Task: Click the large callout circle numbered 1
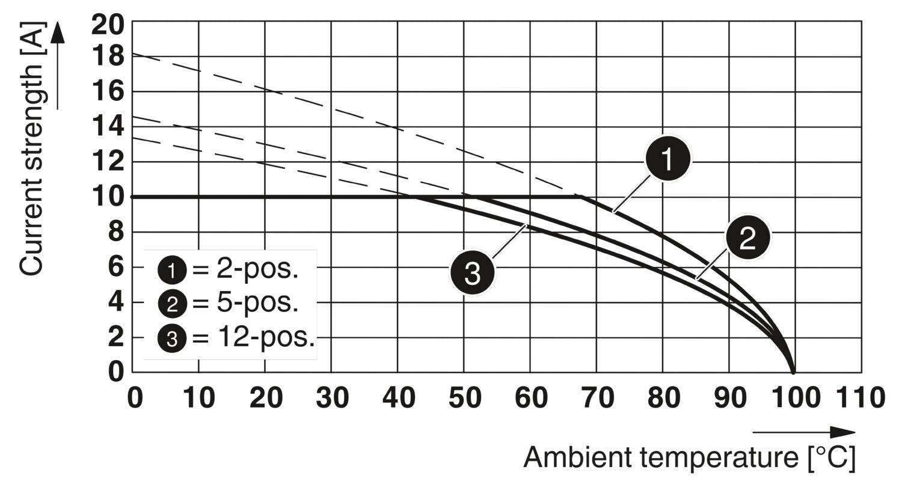pyautogui.click(x=668, y=159)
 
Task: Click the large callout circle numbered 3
pyautogui.click(x=473, y=273)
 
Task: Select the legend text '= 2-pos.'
pyautogui.click(x=245, y=269)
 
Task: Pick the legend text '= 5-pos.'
pyautogui.click(x=245, y=304)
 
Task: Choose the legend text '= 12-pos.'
pyautogui.click(x=253, y=338)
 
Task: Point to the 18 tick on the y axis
pyautogui.click(x=108, y=57)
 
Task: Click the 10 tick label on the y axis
pyautogui.click(x=108, y=197)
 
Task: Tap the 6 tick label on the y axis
pyautogui.click(x=116, y=267)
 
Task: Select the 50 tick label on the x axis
pyautogui.click(x=464, y=398)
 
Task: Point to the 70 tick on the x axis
pyautogui.click(x=597, y=398)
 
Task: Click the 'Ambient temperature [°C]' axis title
pyautogui.click(x=689, y=458)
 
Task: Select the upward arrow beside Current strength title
pyautogui.click(x=57, y=66)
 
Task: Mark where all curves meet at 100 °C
pyautogui.click(x=794, y=372)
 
